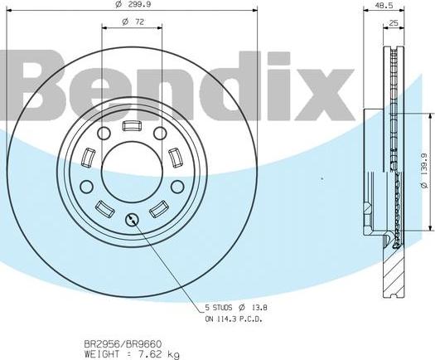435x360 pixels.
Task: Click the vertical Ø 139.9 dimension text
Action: [x=423, y=171]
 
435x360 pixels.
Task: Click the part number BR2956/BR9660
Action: [x=115, y=342]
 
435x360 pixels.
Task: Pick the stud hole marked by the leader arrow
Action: [x=132, y=220]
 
